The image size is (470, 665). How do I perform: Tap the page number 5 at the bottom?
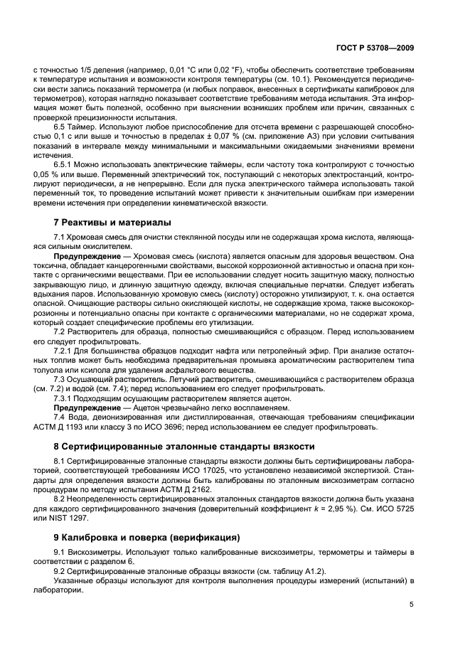pyautogui.click(x=412, y=605)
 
